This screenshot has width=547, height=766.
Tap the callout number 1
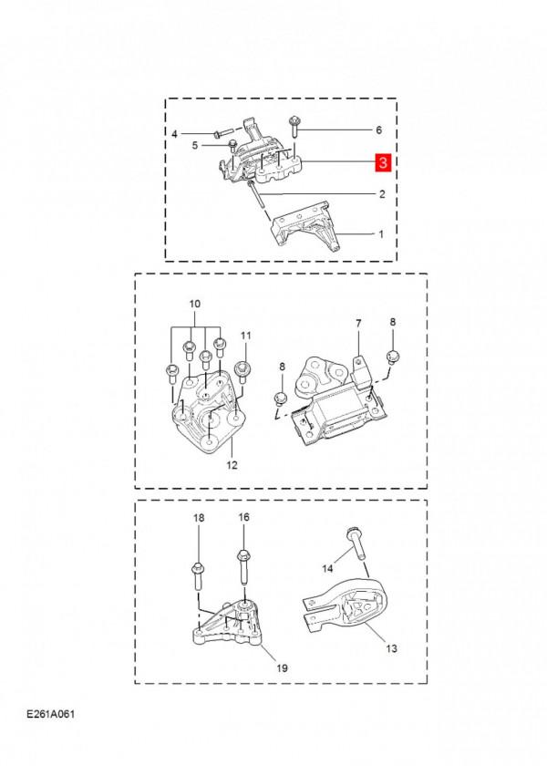click(381, 233)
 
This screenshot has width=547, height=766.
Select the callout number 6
click(378, 130)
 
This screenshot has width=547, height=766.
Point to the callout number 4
click(175, 134)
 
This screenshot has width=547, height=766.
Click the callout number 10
click(193, 303)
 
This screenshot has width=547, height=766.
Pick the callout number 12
click(231, 465)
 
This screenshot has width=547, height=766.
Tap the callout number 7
click(358, 324)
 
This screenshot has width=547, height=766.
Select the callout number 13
click(391, 649)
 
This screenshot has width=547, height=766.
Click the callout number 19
click(282, 668)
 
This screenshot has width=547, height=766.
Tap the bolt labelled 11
click(243, 369)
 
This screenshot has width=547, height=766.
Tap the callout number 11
click(244, 336)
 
